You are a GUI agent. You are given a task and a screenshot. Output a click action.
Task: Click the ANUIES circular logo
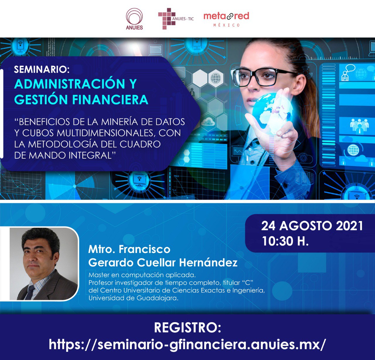coord(134,19)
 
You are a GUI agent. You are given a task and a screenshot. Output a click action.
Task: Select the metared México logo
coord(226,19)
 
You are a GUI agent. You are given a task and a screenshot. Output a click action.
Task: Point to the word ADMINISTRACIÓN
coord(70,84)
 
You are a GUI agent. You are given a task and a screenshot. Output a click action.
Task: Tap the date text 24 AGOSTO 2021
coord(312,226)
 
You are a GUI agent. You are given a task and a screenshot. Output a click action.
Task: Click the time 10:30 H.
coord(285,241)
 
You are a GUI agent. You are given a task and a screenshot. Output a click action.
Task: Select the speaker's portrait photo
coord(44,264)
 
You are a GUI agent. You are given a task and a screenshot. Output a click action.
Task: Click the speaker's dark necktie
coord(30,292)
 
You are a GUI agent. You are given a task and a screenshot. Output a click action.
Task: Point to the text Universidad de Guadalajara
coord(133,298)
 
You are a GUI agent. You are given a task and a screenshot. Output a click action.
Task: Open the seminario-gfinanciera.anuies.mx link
coord(187,344)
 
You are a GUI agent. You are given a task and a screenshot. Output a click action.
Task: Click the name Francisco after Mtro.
coord(144,249)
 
